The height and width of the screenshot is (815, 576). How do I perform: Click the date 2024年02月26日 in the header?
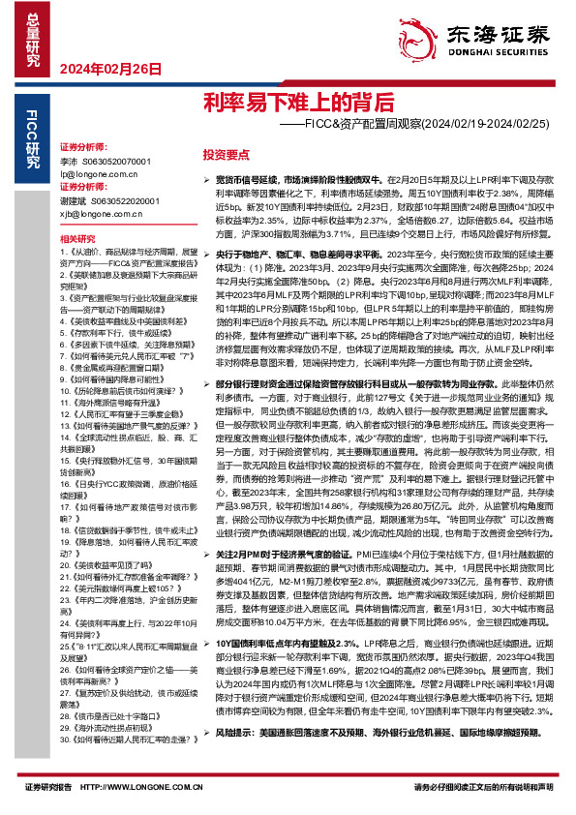109,69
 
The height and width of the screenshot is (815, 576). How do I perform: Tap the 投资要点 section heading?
227,154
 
